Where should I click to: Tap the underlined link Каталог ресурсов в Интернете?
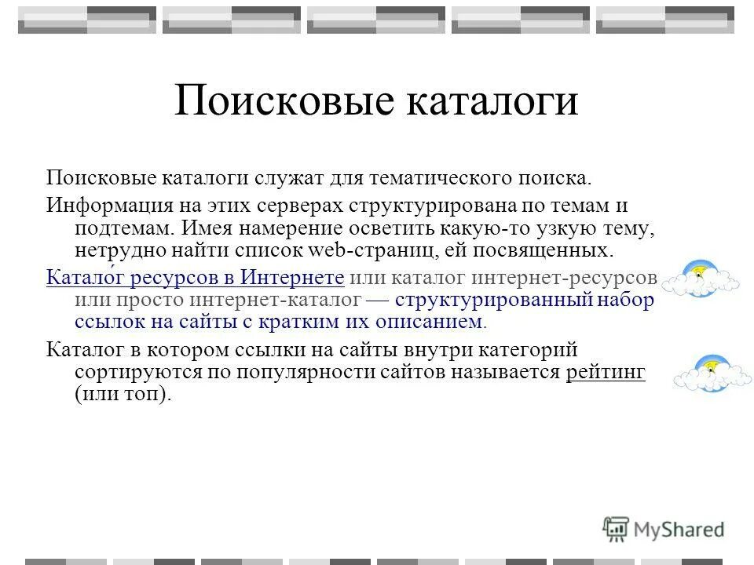click(x=196, y=278)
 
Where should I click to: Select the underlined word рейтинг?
click(x=606, y=372)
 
